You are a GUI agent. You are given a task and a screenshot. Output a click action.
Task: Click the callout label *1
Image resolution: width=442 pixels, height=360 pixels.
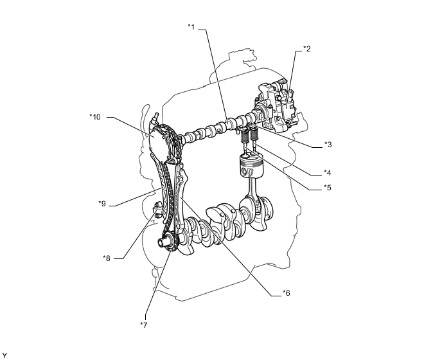[x=191, y=27]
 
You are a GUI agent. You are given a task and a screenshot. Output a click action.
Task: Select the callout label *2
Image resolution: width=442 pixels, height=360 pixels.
[x=307, y=49]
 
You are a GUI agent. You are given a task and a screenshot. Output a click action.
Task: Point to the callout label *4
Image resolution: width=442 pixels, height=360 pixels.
[x=328, y=172]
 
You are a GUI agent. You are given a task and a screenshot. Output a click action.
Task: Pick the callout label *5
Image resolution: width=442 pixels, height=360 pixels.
[x=328, y=188]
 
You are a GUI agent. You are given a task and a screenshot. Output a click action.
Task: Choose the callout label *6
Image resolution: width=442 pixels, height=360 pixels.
[x=287, y=293]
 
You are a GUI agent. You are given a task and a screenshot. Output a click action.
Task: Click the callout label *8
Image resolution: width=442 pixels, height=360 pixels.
[x=107, y=258]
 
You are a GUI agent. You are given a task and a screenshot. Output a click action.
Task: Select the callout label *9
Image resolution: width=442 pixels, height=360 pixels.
[x=102, y=204]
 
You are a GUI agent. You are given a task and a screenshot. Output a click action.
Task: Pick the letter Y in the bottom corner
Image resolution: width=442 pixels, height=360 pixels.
[x=4, y=355]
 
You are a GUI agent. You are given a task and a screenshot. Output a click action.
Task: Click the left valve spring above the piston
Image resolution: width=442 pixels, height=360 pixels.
[x=245, y=137]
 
